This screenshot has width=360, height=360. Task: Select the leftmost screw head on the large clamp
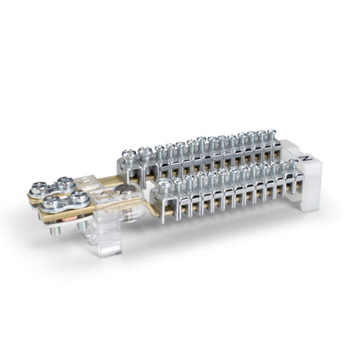[x=39, y=189]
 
